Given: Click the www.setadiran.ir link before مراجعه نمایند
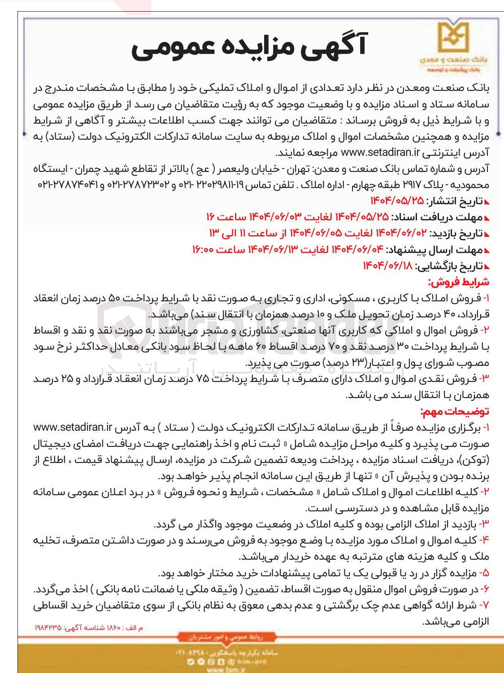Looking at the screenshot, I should pyautogui.click(x=380, y=152).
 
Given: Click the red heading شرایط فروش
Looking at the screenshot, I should pyautogui.click(x=458, y=282).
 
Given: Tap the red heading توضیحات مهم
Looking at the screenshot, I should pyautogui.click(x=455, y=411).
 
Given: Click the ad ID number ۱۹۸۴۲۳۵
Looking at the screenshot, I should pyautogui.click(x=48, y=628).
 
